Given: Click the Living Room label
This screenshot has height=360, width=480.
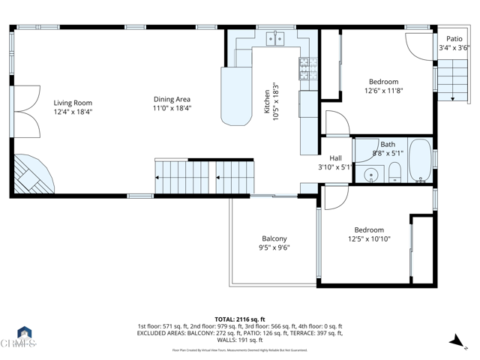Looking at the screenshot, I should click(73, 103).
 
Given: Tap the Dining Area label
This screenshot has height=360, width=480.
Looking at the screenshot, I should click(172, 99).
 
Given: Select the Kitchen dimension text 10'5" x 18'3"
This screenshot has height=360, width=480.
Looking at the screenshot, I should click(275, 98).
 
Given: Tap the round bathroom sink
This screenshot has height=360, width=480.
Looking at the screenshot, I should click(369, 176).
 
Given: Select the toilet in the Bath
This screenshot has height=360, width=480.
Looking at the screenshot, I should click(393, 175).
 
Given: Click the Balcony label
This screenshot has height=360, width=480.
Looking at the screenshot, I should click(274, 238).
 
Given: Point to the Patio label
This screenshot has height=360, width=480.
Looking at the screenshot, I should click(454, 39).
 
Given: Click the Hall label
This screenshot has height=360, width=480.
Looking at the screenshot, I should click(335, 158).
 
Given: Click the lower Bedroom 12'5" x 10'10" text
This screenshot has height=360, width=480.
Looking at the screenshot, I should click(369, 235).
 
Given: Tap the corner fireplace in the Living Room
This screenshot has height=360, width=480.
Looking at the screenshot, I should click(31, 175).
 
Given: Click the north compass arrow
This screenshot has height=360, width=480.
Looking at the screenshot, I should click(456, 341).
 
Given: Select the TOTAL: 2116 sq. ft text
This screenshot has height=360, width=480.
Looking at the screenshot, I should click(240, 319).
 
